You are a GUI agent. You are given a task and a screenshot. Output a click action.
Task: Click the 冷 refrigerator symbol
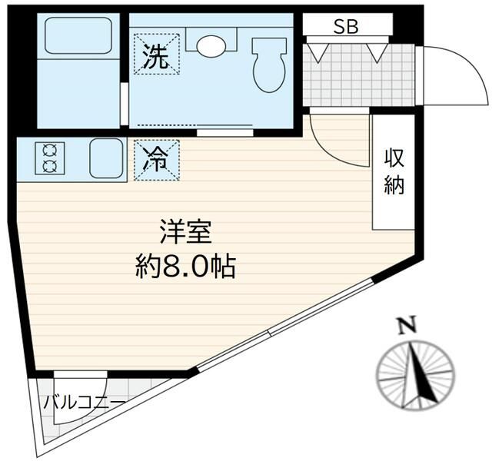tap(156, 160)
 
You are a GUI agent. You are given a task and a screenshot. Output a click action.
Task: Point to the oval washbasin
tap(210, 45)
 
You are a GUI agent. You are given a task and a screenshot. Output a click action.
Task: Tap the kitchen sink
tap(106, 159)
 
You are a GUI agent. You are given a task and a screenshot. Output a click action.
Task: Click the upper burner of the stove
tap(50, 151)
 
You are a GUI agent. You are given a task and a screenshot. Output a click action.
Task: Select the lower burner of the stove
tap(50, 165)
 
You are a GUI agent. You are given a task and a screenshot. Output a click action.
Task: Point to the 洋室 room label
tap(185, 232)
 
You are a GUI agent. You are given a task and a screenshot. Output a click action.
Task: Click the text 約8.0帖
tap(185, 267)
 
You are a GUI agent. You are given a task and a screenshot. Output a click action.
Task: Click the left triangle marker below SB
tap(318, 51)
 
